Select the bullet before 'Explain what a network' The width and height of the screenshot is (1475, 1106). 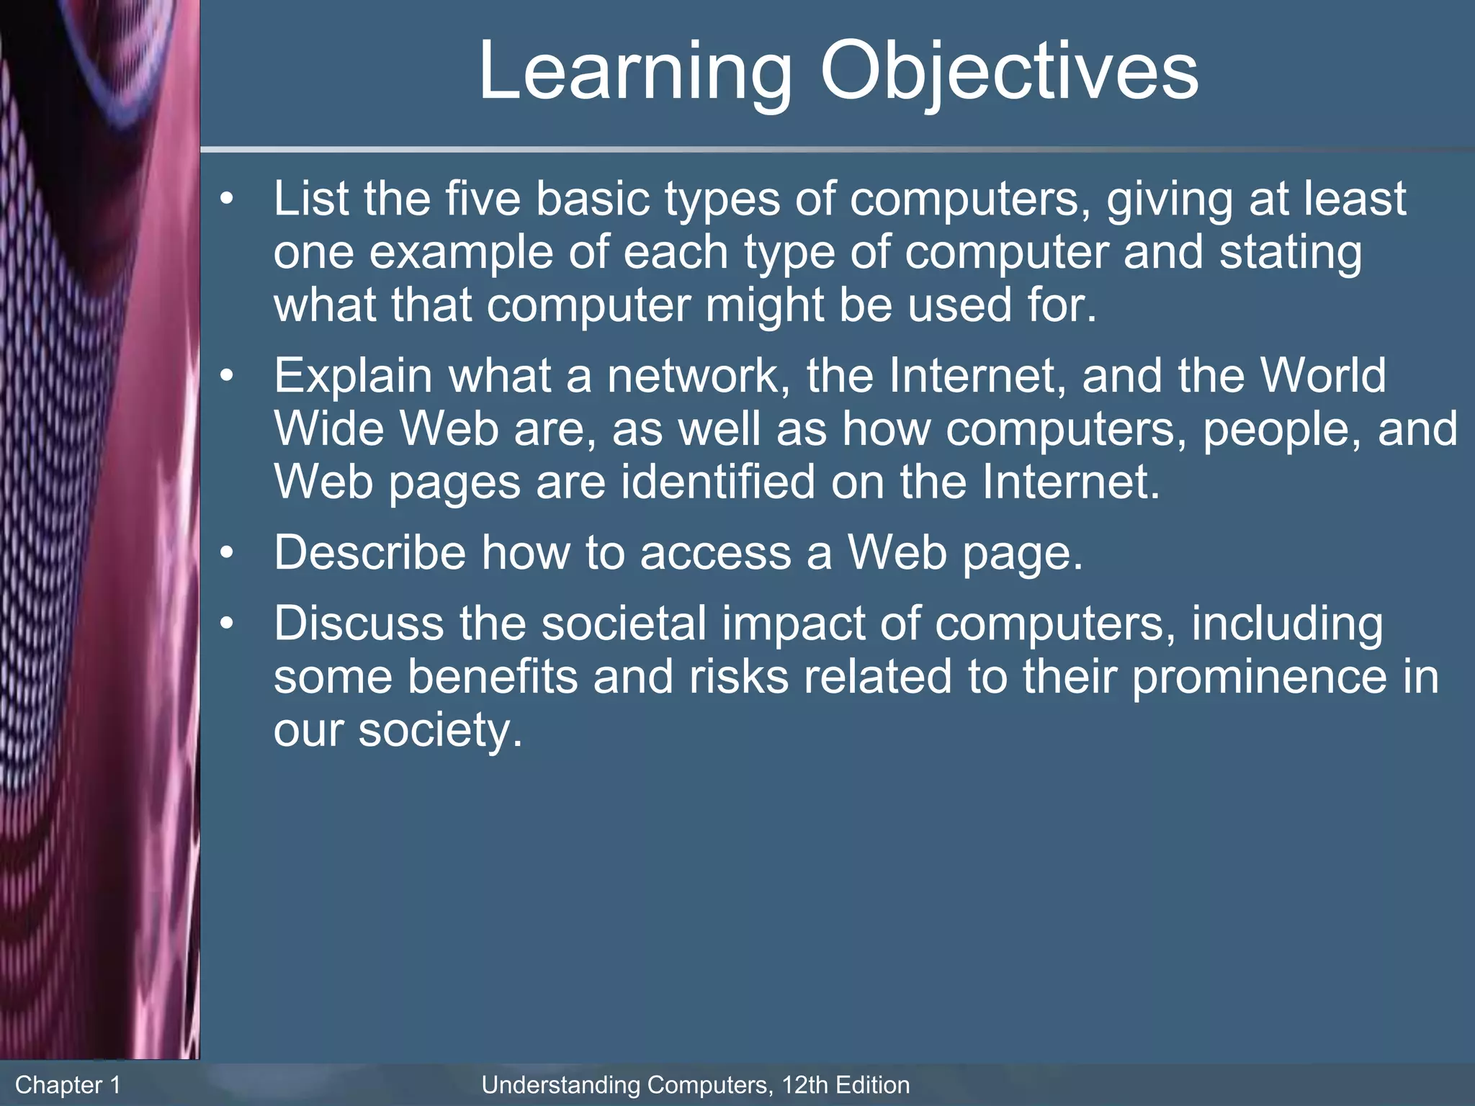point(228,376)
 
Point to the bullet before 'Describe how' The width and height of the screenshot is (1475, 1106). point(228,553)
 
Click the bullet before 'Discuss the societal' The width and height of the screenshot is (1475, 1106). point(228,624)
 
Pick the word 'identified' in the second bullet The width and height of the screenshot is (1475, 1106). point(717,482)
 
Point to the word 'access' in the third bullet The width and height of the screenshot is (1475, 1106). point(714,553)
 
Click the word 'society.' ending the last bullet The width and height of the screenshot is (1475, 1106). point(440,731)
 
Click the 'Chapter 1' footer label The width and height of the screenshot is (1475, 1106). point(68,1084)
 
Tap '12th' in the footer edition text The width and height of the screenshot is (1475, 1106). point(801,1084)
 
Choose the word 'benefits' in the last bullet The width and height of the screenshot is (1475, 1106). point(493,677)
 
